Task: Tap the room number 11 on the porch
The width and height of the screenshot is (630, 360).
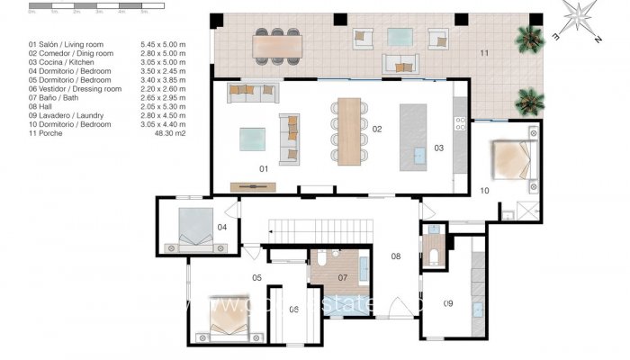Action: [484, 55]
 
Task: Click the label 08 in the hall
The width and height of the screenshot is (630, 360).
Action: [394, 256]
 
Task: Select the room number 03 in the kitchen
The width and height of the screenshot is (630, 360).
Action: [439, 148]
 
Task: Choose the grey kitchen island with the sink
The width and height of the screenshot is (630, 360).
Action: [416, 135]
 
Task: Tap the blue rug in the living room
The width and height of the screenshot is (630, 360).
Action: [252, 139]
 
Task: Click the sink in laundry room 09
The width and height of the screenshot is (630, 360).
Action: [473, 307]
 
